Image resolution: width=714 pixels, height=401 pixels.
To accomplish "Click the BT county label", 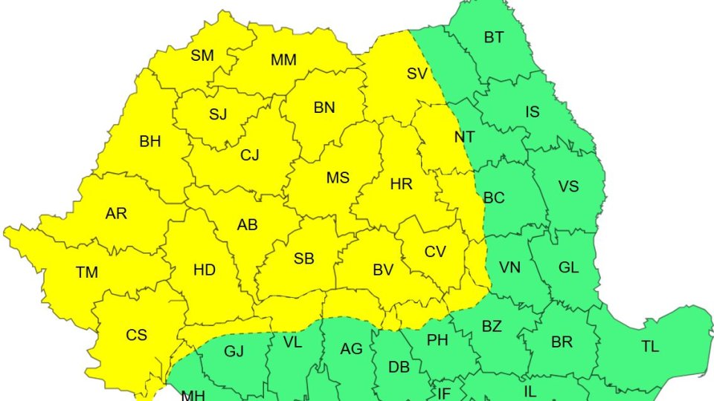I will pyautogui.click(x=494, y=37).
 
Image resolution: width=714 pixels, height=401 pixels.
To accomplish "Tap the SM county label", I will pyautogui.click(x=202, y=55).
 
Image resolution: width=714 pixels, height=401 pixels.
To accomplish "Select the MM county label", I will pyautogui.click(x=283, y=60).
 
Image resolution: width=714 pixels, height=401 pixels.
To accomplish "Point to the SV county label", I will pyautogui.click(x=417, y=74).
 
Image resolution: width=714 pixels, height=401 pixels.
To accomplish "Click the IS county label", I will pyautogui.click(x=533, y=112).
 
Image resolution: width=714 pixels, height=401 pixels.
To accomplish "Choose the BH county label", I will pyautogui.click(x=150, y=141).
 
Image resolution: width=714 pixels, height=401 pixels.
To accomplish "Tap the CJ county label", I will pyautogui.click(x=250, y=156).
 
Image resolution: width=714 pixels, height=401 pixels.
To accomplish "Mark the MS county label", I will pyautogui.click(x=338, y=178).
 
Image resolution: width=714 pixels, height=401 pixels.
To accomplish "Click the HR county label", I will pyautogui.click(x=401, y=183).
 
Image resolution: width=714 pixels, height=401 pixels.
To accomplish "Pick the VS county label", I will pyautogui.click(x=568, y=186).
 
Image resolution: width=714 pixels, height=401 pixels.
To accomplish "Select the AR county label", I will pyautogui.click(x=116, y=214).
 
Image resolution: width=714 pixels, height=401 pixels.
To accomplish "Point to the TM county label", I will pyautogui.click(x=87, y=273).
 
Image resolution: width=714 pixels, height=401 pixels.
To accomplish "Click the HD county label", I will pyautogui.click(x=204, y=270).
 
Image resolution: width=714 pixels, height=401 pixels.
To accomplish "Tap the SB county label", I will pyautogui.click(x=303, y=259).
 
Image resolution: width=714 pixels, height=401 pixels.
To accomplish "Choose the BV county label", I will pyautogui.click(x=382, y=271).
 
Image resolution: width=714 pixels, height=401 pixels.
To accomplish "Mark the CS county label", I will pyautogui.click(x=136, y=335).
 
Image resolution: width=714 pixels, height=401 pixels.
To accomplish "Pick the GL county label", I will pyautogui.click(x=568, y=268).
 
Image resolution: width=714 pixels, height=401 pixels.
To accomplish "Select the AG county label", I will pyautogui.click(x=351, y=348).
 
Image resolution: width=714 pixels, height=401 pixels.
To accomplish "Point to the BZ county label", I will pyautogui.click(x=492, y=326).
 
